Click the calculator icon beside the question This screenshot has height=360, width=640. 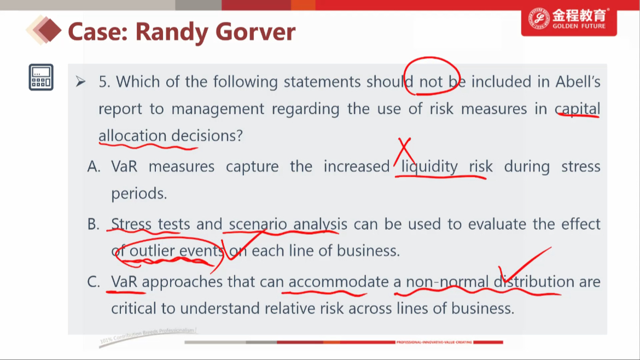pos(41,77)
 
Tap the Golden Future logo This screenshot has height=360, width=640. pos(568,19)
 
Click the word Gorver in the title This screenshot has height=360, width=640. pos(255,32)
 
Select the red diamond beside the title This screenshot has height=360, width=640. pos(48,30)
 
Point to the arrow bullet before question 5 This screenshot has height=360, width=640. pos(80,82)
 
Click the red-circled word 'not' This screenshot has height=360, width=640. pos(431,82)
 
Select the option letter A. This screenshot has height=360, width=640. pos(94,166)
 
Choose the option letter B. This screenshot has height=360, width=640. pos(94,224)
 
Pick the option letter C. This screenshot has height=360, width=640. pos(94,282)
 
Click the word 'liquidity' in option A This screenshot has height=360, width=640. pos(429,166)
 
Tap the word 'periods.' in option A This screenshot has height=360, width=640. pos(139,194)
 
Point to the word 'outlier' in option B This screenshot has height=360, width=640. pos(152,251)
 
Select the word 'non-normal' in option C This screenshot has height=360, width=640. pos(447,282)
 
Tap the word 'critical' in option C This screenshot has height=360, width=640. pos(133,308)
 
